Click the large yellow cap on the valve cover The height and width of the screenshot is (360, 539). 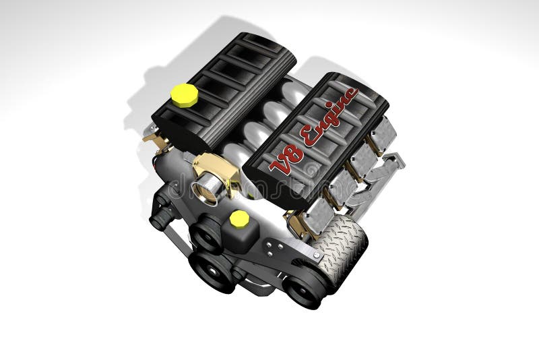(x=184, y=95)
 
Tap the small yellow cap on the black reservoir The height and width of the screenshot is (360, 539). (x=239, y=218)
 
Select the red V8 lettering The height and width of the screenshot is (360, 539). (x=287, y=160)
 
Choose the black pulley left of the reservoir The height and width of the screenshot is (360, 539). (x=207, y=232)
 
